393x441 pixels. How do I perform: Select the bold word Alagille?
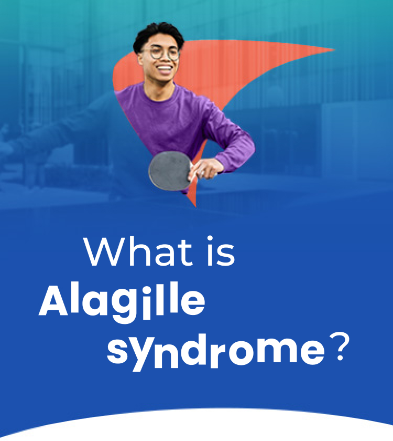click(122, 302)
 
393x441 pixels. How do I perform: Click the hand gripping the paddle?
click(206, 167)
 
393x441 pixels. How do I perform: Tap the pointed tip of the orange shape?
click(333, 50)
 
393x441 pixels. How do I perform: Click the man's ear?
click(140, 54)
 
